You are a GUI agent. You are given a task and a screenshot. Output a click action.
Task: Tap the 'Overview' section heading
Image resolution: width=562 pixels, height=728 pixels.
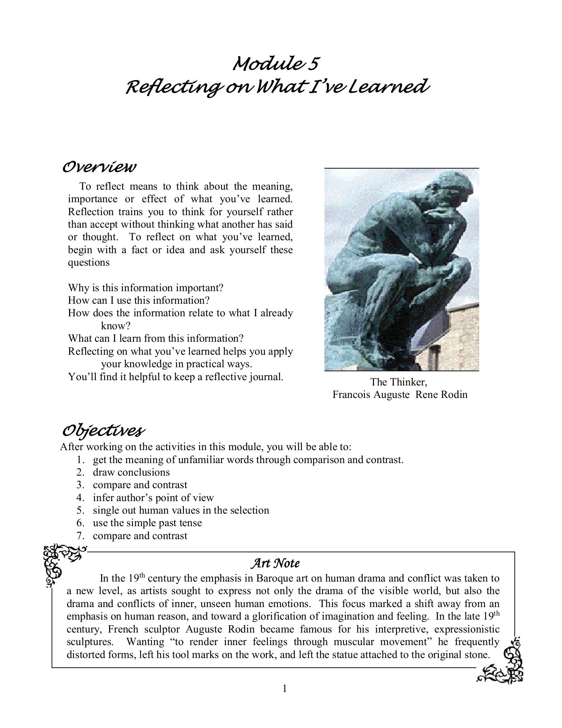click(99, 167)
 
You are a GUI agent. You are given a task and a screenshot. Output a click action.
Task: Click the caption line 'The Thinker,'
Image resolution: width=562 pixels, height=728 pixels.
click(399, 382)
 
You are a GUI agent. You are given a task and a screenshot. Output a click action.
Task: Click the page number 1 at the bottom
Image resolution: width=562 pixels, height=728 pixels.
click(284, 688)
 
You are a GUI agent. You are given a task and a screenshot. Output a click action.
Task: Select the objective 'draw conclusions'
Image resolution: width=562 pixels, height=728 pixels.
click(131, 472)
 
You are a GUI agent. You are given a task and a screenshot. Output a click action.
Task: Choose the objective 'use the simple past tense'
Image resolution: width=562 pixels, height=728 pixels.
click(147, 523)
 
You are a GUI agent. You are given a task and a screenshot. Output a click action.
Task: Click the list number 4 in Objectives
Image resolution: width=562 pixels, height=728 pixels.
click(80, 498)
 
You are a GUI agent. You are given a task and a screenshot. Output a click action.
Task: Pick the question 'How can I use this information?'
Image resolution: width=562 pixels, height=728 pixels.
click(139, 301)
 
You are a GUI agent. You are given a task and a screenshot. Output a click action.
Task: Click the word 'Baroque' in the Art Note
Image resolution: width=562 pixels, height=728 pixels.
click(275, 578)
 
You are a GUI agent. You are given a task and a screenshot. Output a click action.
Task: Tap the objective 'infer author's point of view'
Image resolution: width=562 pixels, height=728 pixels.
click(153, 498)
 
